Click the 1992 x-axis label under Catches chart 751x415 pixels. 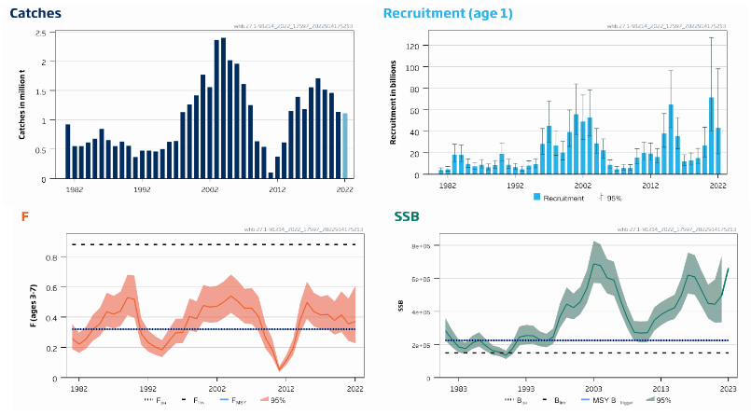(x=142, y=188)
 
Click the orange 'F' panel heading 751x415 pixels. (x=25, y=217)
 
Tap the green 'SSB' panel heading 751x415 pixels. (x=408, y=217)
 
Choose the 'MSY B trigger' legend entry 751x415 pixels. (x=606, y=400)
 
